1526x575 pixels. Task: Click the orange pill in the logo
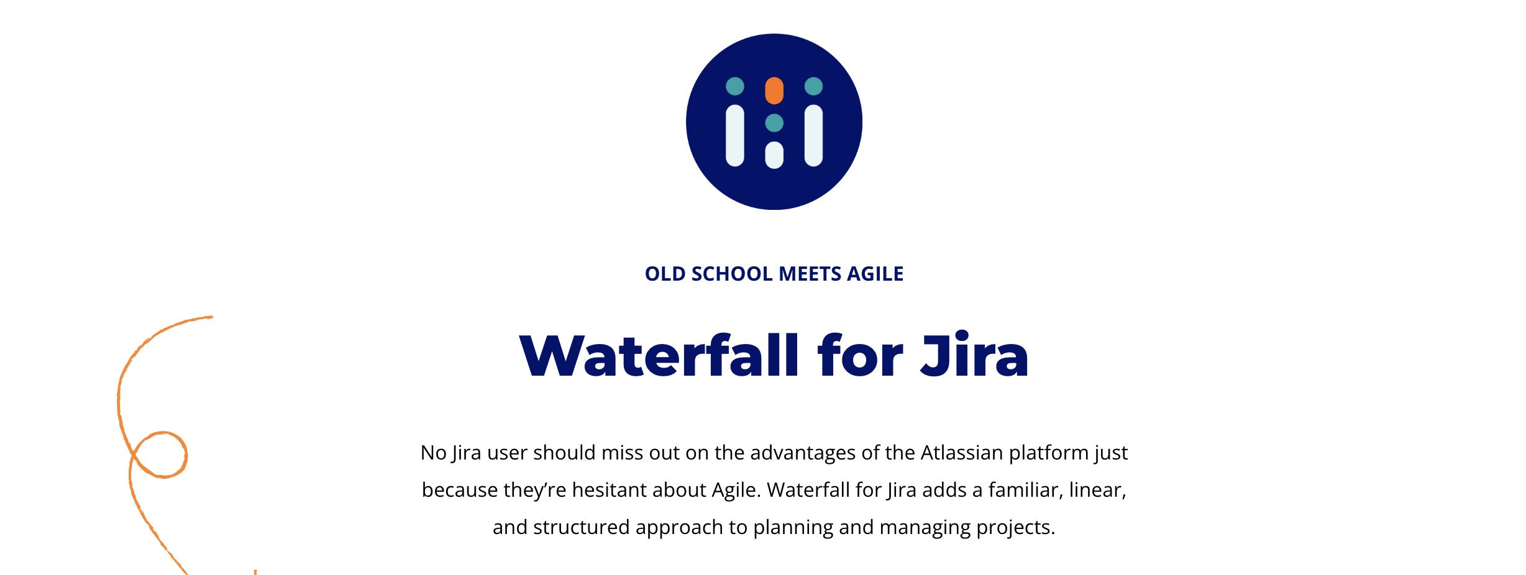[x=774, y=91]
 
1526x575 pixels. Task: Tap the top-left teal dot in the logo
[x=735, y=86]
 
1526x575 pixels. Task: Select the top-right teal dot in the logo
[x=813, y=86]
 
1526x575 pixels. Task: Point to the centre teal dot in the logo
[x=774, y=123]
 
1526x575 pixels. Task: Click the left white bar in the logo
[x=735, y=135]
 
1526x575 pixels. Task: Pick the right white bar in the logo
[x=813, y=135]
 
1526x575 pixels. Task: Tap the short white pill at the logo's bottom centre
[x=774, y=155]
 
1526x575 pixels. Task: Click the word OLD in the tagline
[x=665, y=274]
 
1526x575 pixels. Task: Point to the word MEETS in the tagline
[x=810, y=274]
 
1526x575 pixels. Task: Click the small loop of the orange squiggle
[x=161, y=455]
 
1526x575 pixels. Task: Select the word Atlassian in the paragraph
[x=962, y=453]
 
